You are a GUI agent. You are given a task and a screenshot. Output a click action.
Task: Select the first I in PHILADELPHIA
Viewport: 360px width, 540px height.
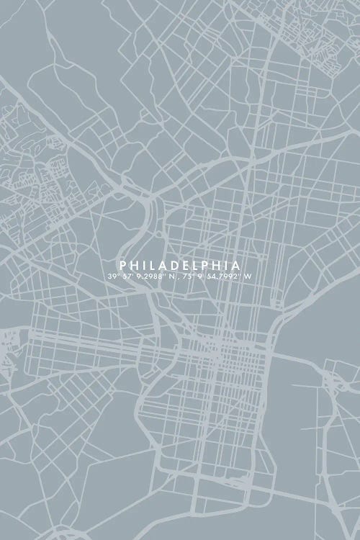pos(141,265)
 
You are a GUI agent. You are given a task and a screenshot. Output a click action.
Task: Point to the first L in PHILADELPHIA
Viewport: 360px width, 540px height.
pos(150,265)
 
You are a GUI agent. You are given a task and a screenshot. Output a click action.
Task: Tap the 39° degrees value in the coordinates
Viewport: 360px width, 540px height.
pos(113,276)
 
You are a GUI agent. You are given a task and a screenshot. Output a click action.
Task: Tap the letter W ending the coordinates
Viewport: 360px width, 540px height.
pos(248,276)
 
